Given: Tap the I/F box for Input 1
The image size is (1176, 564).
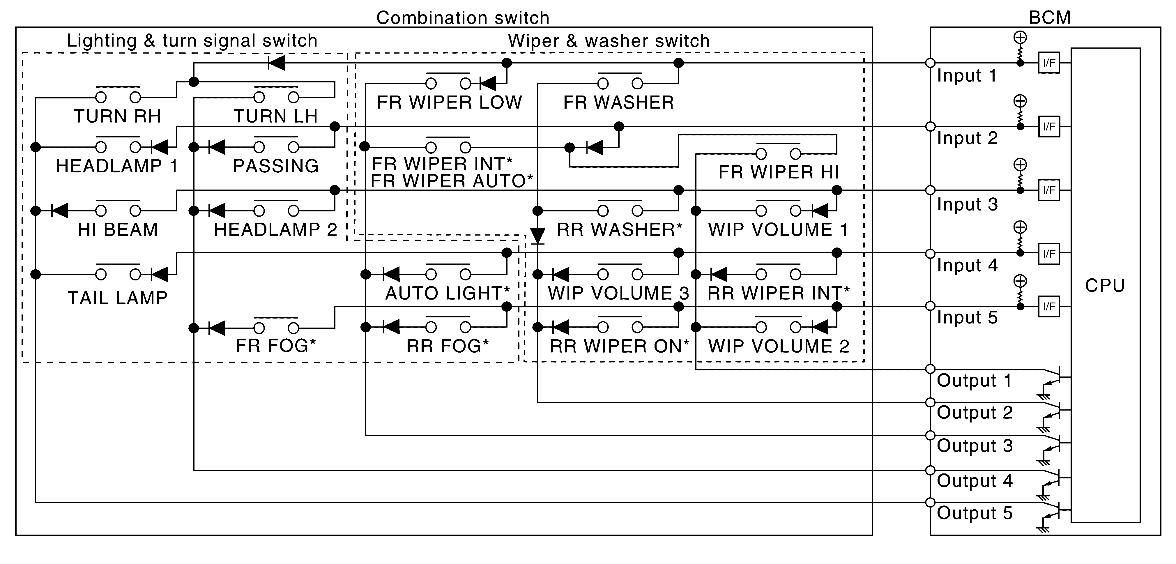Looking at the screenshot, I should (x=1049, y=63).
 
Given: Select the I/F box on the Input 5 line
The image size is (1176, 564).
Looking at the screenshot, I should (x=1049, y=306).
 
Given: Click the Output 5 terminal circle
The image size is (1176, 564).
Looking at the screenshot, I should (x=930, y=502).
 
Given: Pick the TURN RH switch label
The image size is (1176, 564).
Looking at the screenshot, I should (x=117, y=116).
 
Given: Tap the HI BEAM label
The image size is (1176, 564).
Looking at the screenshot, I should (x=117, y=230).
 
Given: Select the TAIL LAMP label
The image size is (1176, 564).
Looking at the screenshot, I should (x=117, y=298).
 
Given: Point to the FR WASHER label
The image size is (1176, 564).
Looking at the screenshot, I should (x=619, y=103).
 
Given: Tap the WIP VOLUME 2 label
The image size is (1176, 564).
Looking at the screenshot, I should (x=778, y=346).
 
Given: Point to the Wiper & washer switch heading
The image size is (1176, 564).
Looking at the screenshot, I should (x=609, y=41).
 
